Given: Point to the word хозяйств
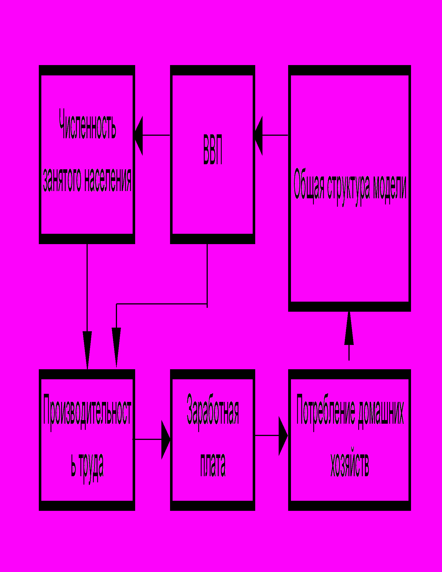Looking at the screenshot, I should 350,466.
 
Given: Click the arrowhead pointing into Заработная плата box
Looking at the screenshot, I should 166,440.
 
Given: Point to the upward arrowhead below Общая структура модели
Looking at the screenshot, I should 349,330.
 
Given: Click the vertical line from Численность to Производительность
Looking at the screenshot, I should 87,288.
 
